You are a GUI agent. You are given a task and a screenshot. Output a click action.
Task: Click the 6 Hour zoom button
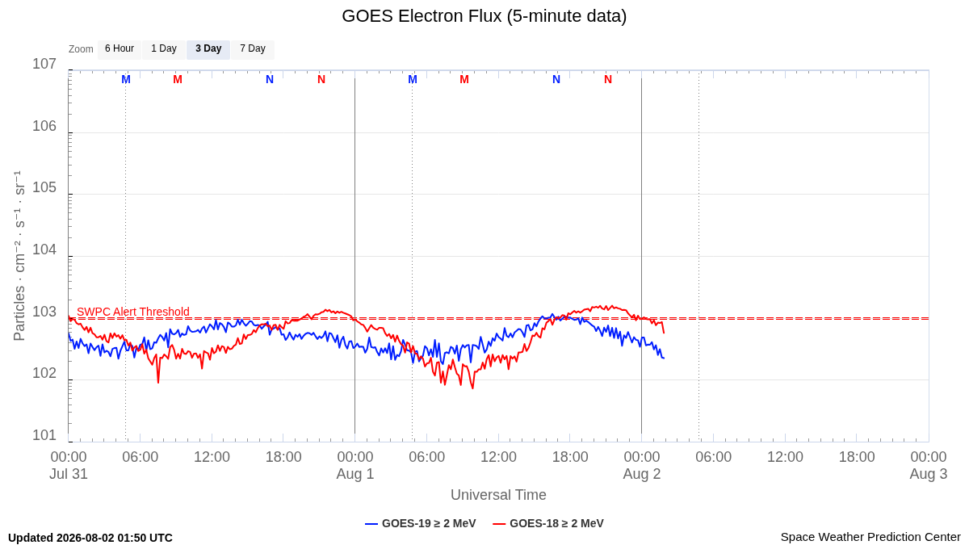[x=120, y=49]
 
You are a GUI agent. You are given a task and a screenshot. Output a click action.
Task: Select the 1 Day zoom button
[x=164, y=49]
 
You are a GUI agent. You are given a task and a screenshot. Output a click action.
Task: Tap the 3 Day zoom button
[x=208, y=49]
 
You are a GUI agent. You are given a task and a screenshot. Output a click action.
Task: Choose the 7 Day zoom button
[x=253, y=49]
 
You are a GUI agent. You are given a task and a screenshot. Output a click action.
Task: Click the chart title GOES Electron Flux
[x=484, y=16]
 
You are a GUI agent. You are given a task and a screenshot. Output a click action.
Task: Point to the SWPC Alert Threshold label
[x=133, y=312]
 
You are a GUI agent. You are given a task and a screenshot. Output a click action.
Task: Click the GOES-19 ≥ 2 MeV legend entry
[x=421, y=523]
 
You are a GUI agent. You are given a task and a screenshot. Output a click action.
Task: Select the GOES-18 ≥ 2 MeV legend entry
[x=548, y=523]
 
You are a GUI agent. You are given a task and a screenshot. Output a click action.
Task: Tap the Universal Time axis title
[x=498, y=494]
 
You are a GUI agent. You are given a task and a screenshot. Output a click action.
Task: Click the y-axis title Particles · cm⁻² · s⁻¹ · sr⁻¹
[x=19, y=256]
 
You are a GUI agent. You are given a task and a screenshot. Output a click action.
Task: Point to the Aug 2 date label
[x=641, y=474]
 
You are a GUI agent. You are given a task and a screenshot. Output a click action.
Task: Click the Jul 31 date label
[x=69, y=474]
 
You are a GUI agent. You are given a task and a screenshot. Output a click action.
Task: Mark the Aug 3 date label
[x=929, y=474]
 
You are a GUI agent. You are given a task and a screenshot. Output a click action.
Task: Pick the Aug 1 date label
[x=355, y=474]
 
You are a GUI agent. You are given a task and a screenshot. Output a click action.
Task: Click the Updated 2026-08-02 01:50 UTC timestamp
[x=90, y=538]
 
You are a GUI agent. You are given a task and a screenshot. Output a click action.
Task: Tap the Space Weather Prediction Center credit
[x=870, y=537]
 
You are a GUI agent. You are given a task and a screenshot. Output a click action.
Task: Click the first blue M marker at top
[x=126, y=80]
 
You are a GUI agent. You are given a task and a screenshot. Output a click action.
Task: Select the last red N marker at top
[x=608, y=80]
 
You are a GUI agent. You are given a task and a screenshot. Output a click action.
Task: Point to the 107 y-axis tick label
[x=44, y=64]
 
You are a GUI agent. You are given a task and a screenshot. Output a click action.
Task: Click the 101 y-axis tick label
[x=44, y=435]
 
